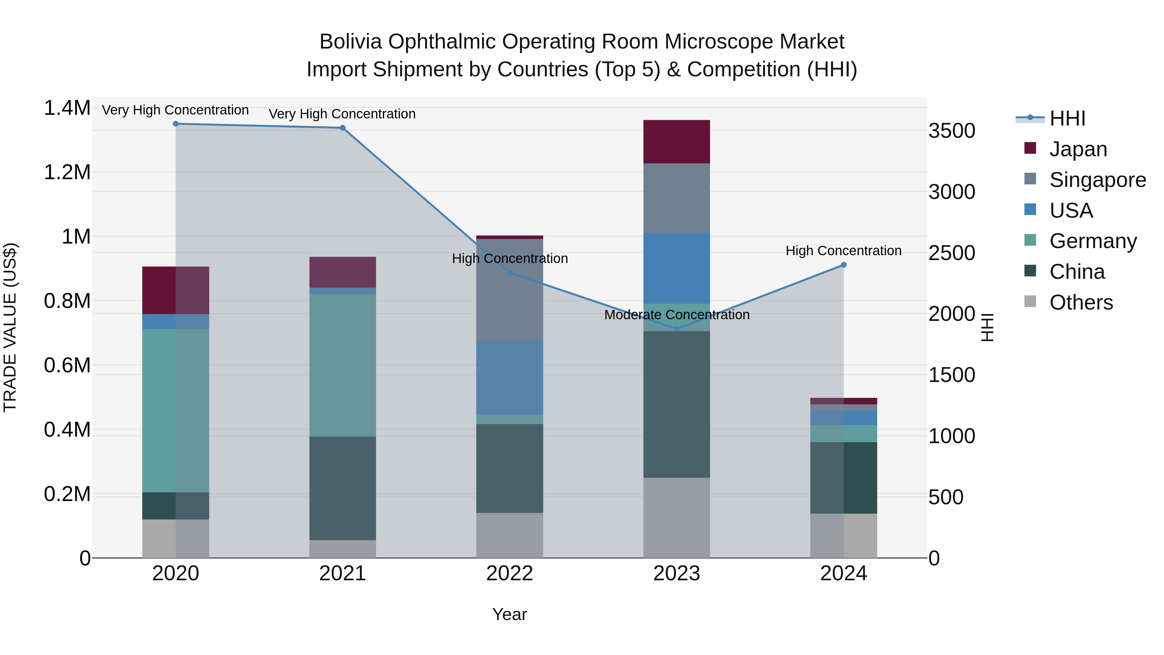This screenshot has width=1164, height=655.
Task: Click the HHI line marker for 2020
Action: coord(176,124)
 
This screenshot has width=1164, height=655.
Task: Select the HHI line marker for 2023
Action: coord(676,329)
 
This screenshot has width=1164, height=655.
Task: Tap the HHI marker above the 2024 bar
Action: coord(844,265)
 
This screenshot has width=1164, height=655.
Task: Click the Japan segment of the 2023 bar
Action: coord(676,141)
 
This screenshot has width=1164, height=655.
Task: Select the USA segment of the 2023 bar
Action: coord(676,268)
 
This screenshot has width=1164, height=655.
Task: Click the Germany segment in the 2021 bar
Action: coord(342,365)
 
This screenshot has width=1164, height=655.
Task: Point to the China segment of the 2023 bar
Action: coord(676,405)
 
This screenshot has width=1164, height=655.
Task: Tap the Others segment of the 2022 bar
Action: coord(510,535)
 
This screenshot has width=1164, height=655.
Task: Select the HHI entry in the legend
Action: coord(1067,118)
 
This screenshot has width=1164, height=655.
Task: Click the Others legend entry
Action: coord(1081,302)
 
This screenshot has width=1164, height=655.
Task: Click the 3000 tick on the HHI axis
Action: coord(952,192)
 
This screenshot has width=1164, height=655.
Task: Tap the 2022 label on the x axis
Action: coord(510,573)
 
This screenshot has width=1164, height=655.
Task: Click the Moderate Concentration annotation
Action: coord(676,315)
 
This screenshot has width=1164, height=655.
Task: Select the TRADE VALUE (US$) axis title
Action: coord(10,327)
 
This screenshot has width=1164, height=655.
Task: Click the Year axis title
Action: coord(510,614)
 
